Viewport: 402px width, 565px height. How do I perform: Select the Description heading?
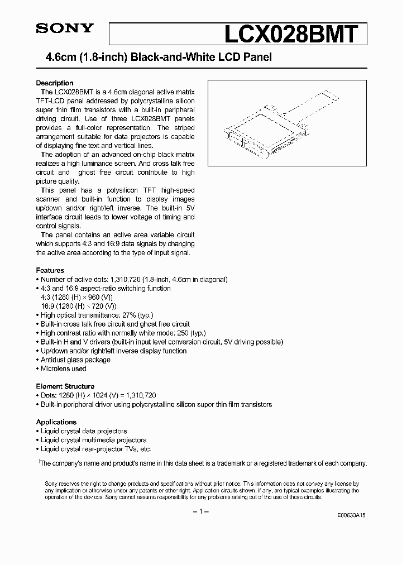(x=55, y=83)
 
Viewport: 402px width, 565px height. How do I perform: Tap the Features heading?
(x=50, y=270)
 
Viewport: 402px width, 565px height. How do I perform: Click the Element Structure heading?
(x=65, y=386)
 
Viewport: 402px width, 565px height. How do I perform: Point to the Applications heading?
(x=56, y=422)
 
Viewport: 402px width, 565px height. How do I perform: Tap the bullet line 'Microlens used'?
(x=63, y=368)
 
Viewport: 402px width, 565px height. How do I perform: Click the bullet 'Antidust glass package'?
(x=75, y=360)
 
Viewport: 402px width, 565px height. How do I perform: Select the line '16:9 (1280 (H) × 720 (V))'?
(x=78, y=306)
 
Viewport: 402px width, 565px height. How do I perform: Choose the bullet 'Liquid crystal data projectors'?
(x=84, y=431)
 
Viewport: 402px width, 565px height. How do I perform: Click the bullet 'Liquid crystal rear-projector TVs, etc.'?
(x=95, y=449)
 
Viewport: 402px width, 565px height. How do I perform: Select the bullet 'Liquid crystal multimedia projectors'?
(x=93, y=440)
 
